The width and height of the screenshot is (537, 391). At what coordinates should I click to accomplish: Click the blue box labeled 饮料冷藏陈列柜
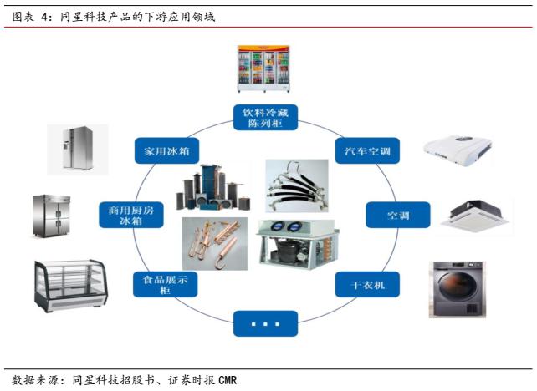pos(265,118)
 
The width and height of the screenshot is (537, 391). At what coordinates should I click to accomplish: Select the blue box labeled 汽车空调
pos(367,151)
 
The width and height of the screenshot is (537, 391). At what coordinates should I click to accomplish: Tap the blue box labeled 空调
pos(397,216)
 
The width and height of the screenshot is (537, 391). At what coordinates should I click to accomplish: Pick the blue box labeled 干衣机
pos(367,284)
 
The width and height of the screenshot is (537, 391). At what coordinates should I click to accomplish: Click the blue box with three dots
pos(265,322)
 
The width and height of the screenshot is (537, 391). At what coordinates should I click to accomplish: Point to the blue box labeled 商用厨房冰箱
pos(130,215)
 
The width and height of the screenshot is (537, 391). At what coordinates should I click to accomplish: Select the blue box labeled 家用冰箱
pos(162,151)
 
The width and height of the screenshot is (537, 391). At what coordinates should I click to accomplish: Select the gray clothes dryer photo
pos(456,289)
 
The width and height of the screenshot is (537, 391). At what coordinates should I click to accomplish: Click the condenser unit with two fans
pos(297,244)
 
